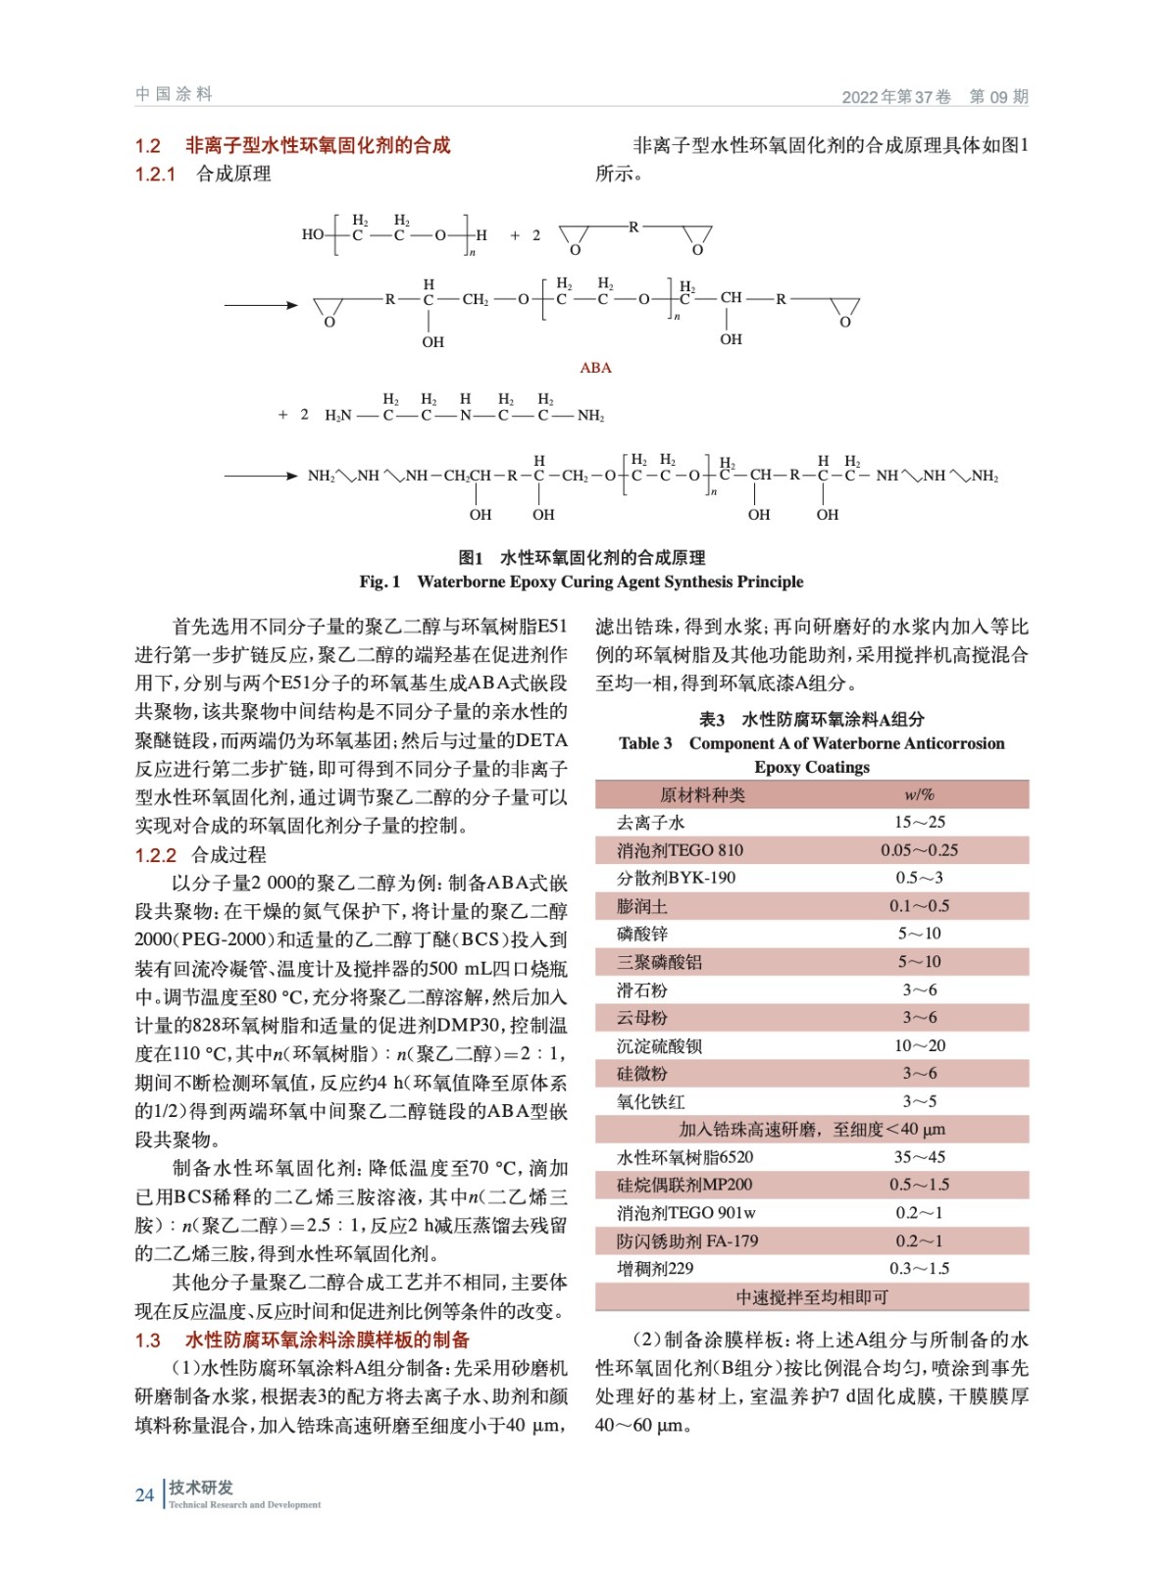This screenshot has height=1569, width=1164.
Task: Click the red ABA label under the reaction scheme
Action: pos(595,368)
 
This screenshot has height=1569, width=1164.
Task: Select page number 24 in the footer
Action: pos(144,1494)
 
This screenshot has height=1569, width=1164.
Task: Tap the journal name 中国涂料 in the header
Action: pos(174,94)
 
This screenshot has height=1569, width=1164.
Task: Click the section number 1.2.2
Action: pos(155,855)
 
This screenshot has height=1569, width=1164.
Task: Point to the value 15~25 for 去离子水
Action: pos(919,822)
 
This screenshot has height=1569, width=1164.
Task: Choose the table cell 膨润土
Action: pos(641,906)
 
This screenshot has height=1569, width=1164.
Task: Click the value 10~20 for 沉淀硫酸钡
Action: pos(919,1045)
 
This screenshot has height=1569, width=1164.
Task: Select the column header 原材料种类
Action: pos(702,794)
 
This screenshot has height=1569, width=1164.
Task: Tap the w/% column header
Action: pos(919,794)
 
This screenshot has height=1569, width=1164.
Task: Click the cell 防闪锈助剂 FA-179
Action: pos(686,1240)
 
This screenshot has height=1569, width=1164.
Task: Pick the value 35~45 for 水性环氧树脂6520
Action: pos(919,1157)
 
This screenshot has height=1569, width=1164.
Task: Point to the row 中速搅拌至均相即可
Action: pos(811,1297)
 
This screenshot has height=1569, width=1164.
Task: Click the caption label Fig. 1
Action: pos(380,582)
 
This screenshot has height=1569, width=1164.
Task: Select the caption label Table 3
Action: pos(645,743)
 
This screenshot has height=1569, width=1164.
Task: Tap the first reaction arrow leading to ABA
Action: pos(261,305)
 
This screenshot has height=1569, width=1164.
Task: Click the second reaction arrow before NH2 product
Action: pos(261,477)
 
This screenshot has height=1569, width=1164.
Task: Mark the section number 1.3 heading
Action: pos(147,1341)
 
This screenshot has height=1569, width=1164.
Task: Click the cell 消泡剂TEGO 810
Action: pos(680,850)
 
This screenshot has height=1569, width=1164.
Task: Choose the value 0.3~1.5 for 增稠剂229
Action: pos(919,1269)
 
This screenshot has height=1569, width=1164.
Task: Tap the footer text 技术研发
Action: pos(201,1488)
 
